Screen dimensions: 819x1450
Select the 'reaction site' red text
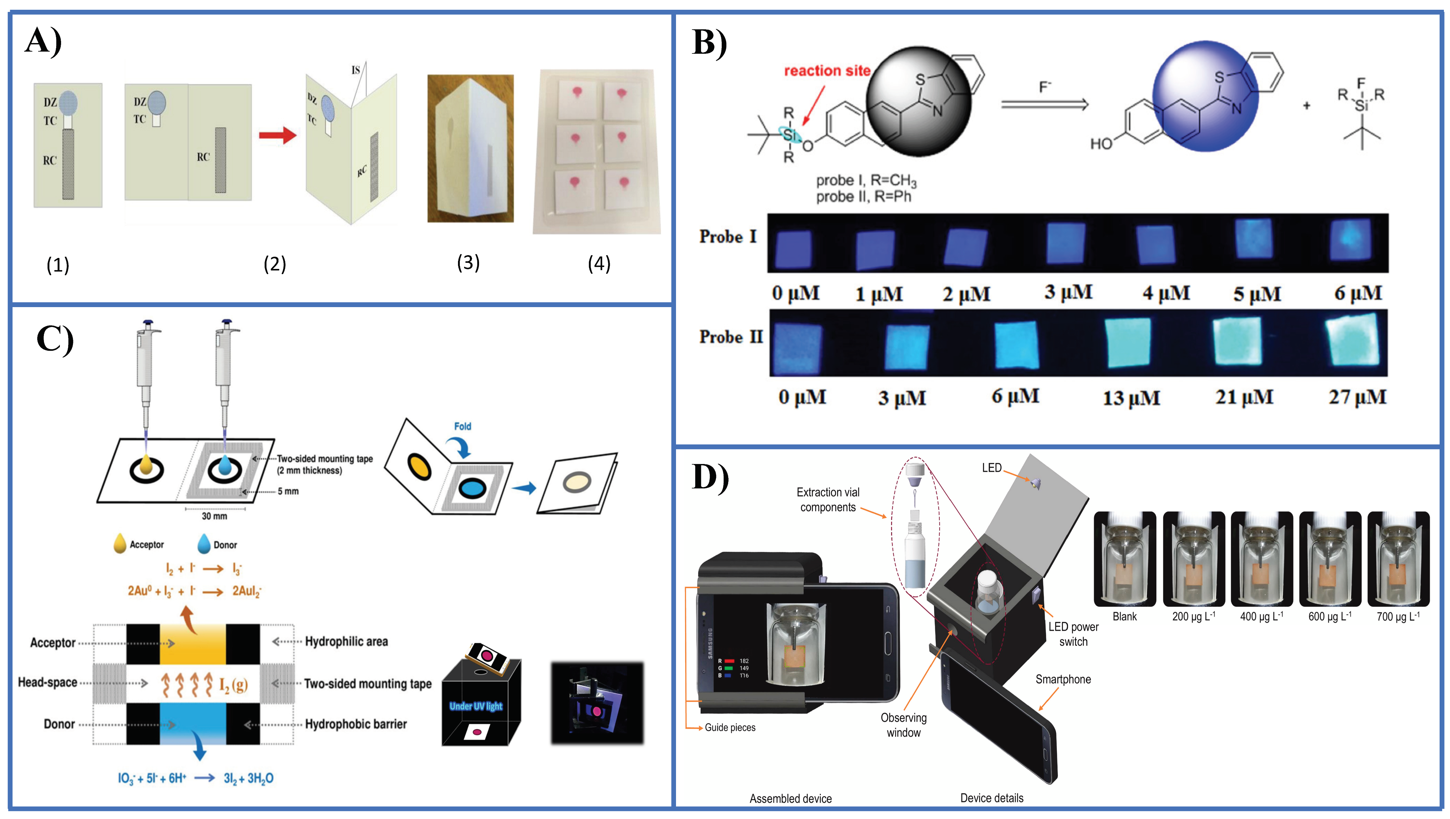[x=827, y=71]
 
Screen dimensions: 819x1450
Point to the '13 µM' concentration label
[x=1131, y=398]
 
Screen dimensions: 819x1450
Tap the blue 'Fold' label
[x=462, y=426]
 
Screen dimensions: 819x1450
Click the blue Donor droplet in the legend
[x=204, y=544]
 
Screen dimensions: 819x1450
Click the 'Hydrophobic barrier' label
[x=356, y=724]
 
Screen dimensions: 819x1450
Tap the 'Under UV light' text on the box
[x=476, y=706]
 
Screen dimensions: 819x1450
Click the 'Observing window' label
[x=903, y=725]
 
